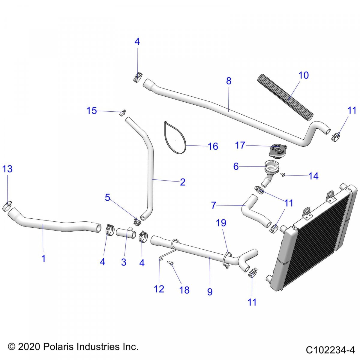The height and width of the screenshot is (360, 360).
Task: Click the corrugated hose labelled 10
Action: point(285,97)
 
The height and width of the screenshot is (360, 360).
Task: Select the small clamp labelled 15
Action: point(122,113)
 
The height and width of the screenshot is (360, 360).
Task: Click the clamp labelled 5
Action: point(137,222)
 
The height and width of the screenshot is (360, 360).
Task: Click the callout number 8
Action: point(229,81)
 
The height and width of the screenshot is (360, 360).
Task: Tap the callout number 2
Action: point(183,182)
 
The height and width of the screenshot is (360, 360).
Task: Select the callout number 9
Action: point(210,291)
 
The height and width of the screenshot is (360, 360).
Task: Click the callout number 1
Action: point(43,258)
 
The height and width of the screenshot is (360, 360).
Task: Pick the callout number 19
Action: point(221,223)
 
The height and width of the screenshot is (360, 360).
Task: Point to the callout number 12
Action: point(159,289)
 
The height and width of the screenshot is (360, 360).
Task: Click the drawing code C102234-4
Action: point(330,350)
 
